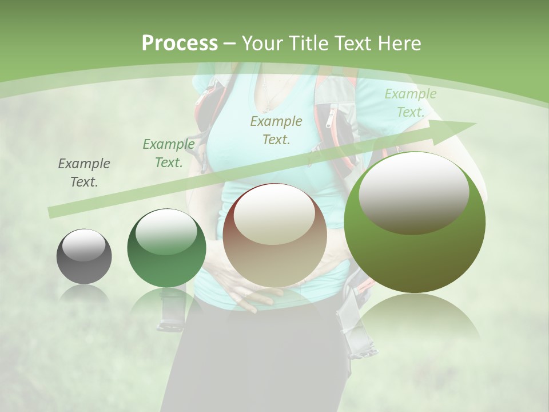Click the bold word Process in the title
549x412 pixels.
pos(180,43)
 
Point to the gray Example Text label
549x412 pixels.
pos(84,173)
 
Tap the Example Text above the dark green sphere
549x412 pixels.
pos(168,153)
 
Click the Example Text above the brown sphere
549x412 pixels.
pos(276,130)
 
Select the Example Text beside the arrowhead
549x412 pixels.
pos(410,103)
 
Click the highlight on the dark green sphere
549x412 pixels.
pos(166,232)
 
